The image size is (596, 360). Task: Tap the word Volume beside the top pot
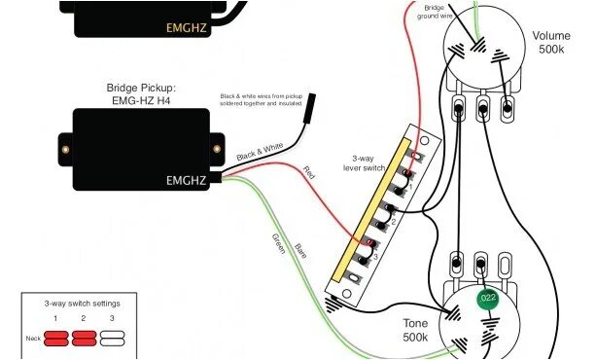[x=550, y=36]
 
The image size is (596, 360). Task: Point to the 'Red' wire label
[x=309, y=173]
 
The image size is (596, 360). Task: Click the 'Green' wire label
[x=278, y=243]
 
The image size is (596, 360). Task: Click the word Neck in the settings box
[x=33, y=338]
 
